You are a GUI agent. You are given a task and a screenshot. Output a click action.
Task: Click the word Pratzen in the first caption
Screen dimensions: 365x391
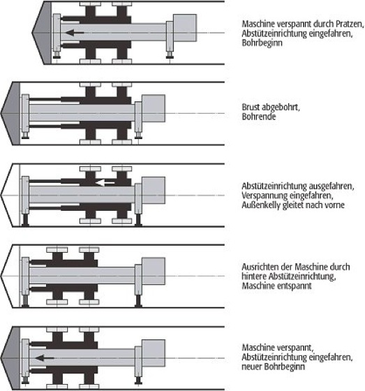coord(350,24)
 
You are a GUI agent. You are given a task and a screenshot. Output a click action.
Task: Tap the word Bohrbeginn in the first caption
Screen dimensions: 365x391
coord(262,43)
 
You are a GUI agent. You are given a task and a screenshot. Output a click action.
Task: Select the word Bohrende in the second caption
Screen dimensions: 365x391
coord(259,117)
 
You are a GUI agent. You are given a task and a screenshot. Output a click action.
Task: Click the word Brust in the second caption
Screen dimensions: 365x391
coord(251,108)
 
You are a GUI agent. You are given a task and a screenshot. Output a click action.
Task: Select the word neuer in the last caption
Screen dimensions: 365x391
coord(252,367)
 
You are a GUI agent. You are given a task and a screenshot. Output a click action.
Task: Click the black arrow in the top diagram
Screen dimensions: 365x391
coord(75,32)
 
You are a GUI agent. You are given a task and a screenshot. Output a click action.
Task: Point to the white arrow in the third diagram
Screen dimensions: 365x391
coord(105,183)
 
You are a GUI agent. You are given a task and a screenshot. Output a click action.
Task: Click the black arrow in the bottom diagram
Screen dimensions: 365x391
coord(45,358)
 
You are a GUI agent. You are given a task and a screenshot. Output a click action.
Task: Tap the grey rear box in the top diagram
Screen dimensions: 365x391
coord(185,28)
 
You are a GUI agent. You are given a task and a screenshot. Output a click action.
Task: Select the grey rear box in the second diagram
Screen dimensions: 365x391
coord(154,108)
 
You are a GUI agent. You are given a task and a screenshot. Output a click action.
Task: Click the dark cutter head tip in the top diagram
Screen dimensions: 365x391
coord(32,33)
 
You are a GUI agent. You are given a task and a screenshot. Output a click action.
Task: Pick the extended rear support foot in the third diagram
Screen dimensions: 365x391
coord(138,220)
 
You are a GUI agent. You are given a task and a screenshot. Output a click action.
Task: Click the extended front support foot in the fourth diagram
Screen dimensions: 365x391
coord(25,301)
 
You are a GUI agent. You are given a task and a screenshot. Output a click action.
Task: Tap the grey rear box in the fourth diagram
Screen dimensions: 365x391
coord(154,271)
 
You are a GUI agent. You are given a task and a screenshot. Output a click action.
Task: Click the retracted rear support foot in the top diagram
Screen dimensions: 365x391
coord(170,55)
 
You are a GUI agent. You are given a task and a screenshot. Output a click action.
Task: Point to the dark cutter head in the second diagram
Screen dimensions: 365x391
coord(10,113)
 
